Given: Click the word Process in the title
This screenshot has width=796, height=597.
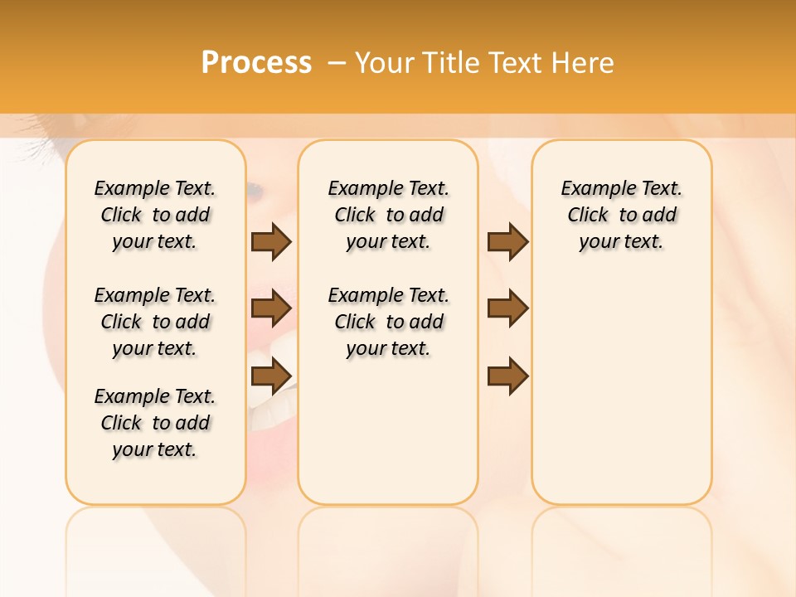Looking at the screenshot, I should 256,62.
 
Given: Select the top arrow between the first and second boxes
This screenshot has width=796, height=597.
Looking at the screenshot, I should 271,241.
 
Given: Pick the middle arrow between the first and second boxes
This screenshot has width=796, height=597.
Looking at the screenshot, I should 271,308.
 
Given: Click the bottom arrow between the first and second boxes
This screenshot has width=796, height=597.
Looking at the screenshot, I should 271,376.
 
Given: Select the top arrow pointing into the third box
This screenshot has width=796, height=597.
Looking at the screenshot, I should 507,241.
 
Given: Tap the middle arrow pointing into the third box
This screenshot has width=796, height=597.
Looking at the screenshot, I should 507,308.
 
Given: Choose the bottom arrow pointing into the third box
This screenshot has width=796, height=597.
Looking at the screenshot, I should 507,376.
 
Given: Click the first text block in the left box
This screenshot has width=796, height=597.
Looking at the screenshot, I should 155,215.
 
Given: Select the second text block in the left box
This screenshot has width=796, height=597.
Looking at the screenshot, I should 155,322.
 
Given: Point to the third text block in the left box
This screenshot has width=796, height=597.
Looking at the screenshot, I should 155,423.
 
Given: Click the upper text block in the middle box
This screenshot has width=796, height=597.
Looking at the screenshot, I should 388,215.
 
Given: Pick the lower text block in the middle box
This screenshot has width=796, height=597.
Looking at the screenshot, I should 388,322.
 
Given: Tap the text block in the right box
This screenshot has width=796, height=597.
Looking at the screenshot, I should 621,215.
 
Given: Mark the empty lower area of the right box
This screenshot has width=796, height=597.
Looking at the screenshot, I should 621,390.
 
